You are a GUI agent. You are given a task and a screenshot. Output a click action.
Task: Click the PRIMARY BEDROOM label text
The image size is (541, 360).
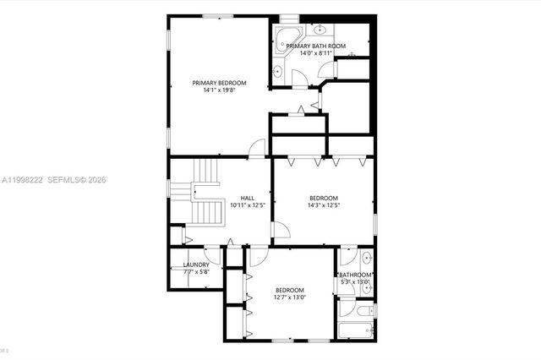[219, 82]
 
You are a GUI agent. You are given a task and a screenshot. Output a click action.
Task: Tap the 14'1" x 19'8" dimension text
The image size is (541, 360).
[219, 90]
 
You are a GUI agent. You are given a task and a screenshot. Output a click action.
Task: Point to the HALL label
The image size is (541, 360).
[248, 198]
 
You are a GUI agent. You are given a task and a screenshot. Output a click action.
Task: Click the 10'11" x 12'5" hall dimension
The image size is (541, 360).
[248, 205]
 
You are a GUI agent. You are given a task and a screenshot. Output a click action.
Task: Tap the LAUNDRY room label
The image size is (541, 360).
[196, 265]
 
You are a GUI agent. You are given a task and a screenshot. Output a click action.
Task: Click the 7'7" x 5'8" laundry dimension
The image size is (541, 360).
[196, 272]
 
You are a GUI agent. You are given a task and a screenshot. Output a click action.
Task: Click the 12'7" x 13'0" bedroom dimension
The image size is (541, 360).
[290, 297]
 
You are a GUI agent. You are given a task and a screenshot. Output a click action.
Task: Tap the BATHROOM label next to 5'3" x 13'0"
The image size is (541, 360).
[355, 275]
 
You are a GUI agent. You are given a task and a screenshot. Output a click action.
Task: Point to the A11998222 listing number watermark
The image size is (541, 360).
[23, 179]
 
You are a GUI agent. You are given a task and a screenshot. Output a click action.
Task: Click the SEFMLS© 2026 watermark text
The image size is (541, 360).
[79, 179]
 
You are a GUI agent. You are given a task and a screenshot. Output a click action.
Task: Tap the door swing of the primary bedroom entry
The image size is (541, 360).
[257, 147]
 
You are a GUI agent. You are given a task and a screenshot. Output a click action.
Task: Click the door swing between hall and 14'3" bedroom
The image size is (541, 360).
[281, 230]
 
